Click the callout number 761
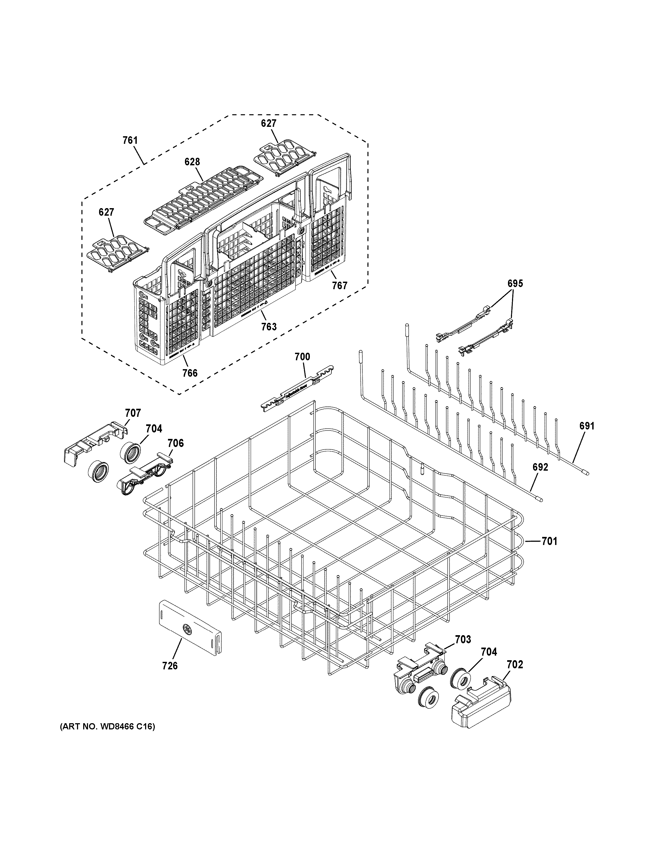[x=130, y=140]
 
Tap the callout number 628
[x=192, y=162]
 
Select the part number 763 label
[x=269, y=327]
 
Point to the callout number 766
[x=190, y=373]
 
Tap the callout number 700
[x=302, y=356]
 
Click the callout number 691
[x=587, y=426]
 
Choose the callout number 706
[x=176, y=443]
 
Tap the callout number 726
[x=170, y=666]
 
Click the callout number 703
[x=463, y=639]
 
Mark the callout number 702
[x=515, y=664]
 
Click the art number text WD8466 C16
[x=107, y=727]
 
